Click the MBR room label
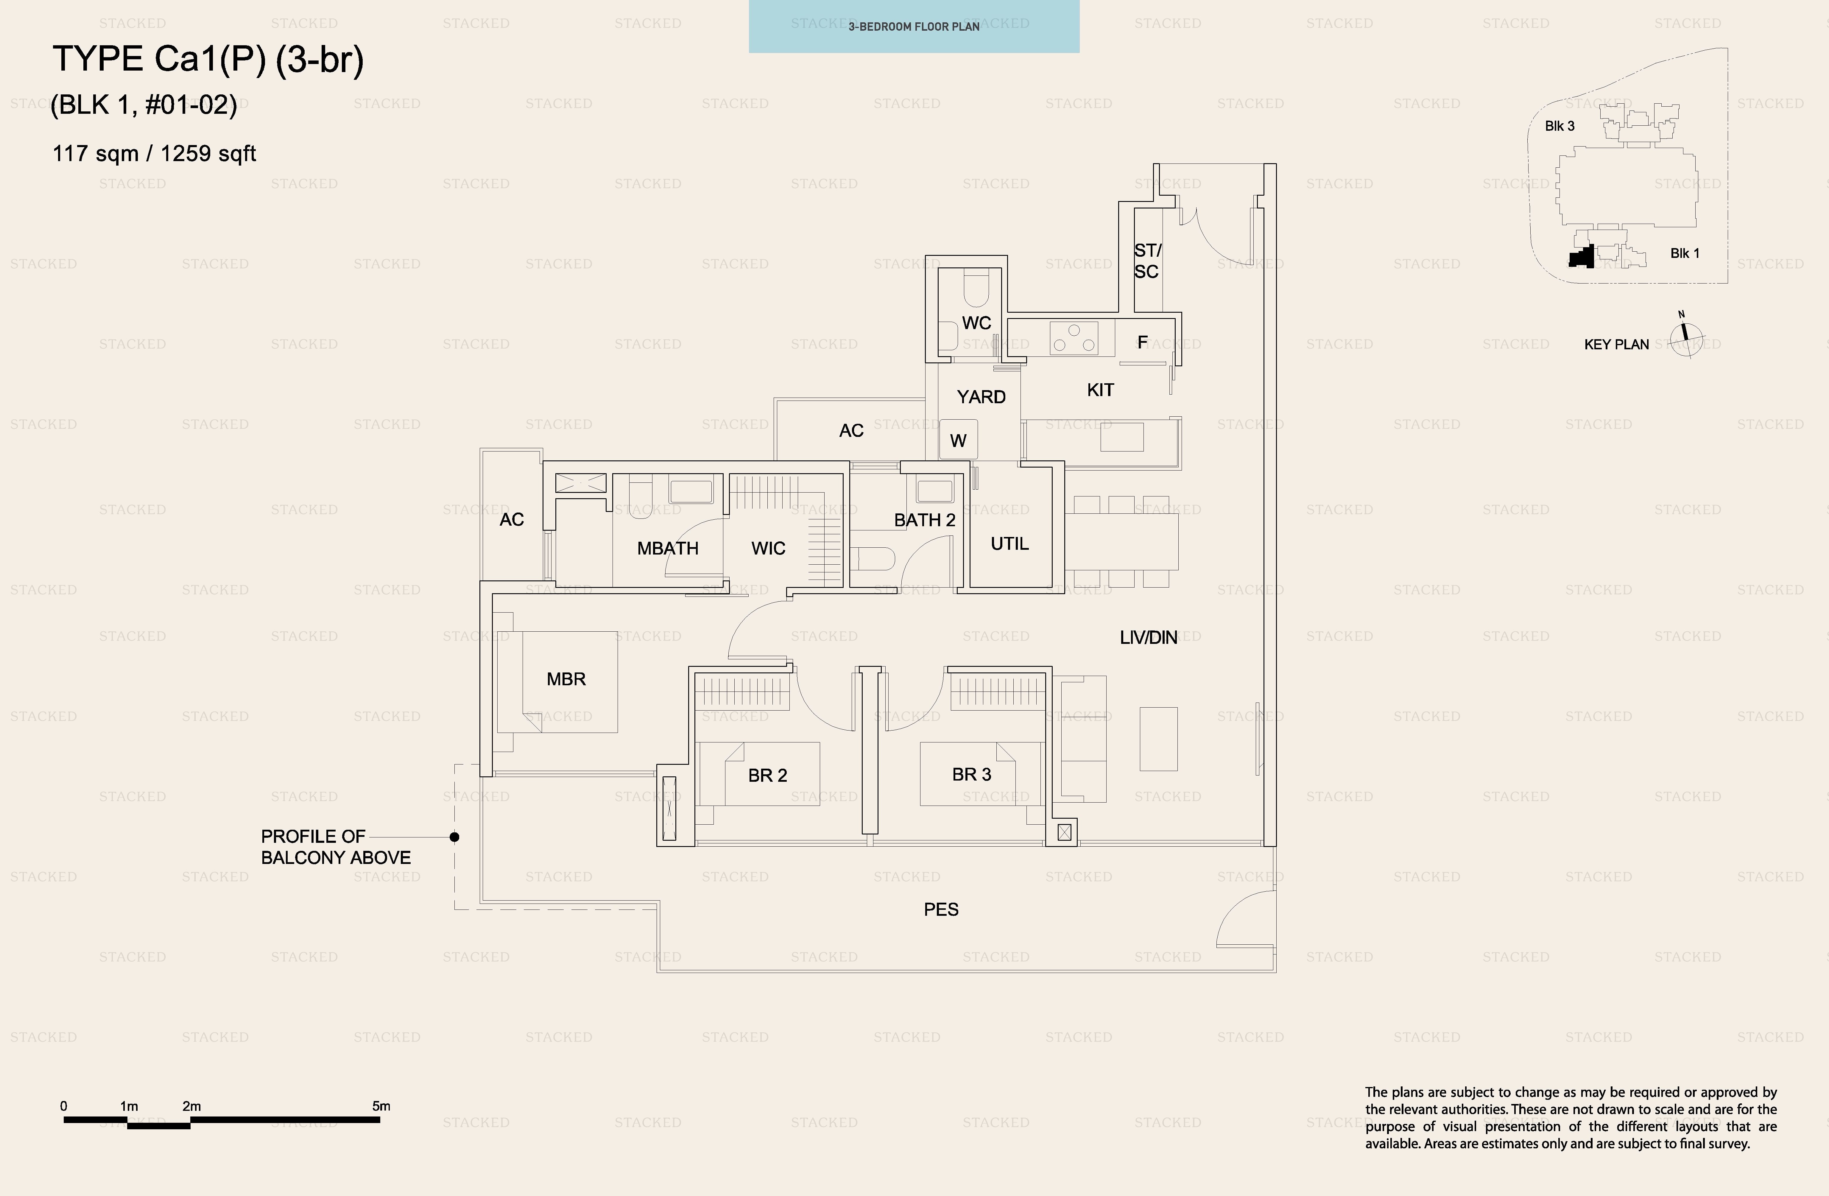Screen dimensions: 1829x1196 pos(566,679)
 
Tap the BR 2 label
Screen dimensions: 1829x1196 pos(768,775)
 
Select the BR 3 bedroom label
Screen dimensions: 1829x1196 pos(971,774)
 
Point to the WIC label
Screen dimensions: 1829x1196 pos(769,548)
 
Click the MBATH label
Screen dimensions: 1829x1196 pos(668,548)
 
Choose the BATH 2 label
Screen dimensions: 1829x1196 pos(925,520)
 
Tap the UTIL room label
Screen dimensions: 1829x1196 pos(1009,544)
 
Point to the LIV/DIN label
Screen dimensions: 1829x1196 pos(1148,637)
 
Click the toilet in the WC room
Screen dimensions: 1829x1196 pos(977,291)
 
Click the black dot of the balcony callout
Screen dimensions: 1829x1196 pos(454,836)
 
